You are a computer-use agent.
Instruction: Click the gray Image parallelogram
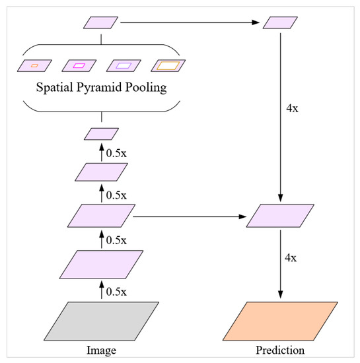102,321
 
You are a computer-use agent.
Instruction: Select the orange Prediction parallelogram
282,321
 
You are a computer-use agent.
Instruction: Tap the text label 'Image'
102,349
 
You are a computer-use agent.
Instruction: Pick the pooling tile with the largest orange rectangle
168,65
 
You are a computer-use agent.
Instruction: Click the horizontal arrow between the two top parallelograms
192,24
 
